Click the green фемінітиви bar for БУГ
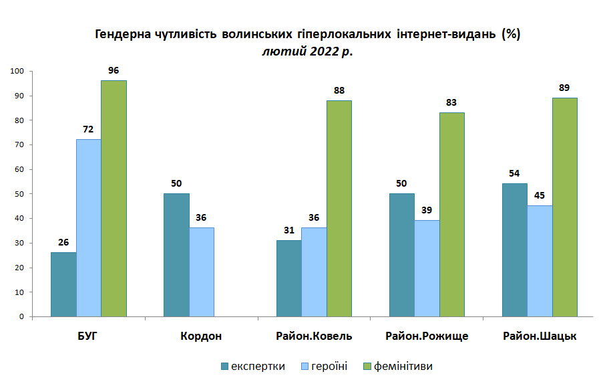[114, 199]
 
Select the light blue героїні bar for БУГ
[89, 227]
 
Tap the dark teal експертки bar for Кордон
[176, 255]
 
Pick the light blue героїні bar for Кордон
[202, 272]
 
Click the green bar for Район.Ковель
[339, 209]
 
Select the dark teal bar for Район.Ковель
[289, 279]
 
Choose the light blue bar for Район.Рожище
[427, 269]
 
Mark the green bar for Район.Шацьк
[565, 207]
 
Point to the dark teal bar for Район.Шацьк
[515, 250]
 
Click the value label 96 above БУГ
[114, 70]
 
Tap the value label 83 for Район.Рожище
[451, 102]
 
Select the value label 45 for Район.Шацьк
[540, 195]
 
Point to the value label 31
[289, 230]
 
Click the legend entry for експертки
[253, 366]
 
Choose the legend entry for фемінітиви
[398, 366]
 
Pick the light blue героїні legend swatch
[305, 366]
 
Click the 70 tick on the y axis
[19, 145]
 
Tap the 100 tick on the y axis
[17, 72]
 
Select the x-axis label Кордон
[201, 336]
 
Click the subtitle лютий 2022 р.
[308, 52]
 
